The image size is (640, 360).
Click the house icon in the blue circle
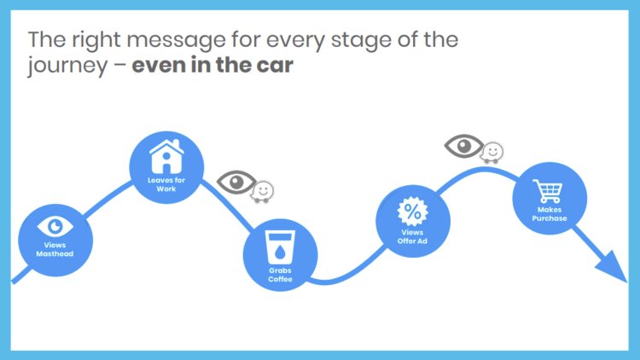coord(166,158)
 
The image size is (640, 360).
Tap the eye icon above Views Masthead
coord(55,226)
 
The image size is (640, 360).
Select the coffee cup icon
coord(280,246)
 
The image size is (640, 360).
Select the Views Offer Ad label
coord(413,235)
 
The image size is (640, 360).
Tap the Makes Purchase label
coord(549,213)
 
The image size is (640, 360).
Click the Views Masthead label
coord(55,248)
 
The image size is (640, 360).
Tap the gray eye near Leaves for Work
coord(236,181)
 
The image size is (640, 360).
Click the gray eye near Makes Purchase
coord(464,144)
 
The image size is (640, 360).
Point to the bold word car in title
coord(275,66)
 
